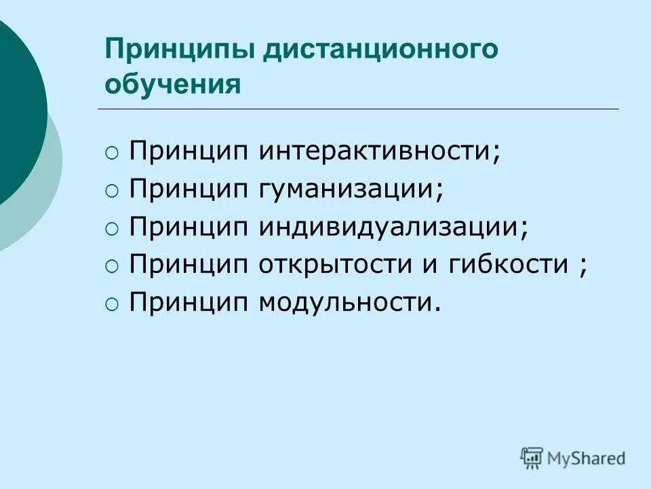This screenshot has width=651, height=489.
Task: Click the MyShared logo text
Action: click(x=586, y=459)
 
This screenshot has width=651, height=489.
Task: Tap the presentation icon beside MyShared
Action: click(x=532, y=458)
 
